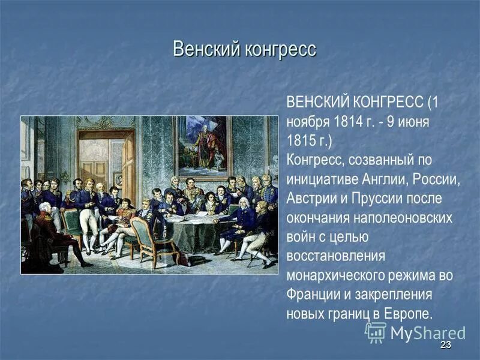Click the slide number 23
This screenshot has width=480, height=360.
(445, 345)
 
